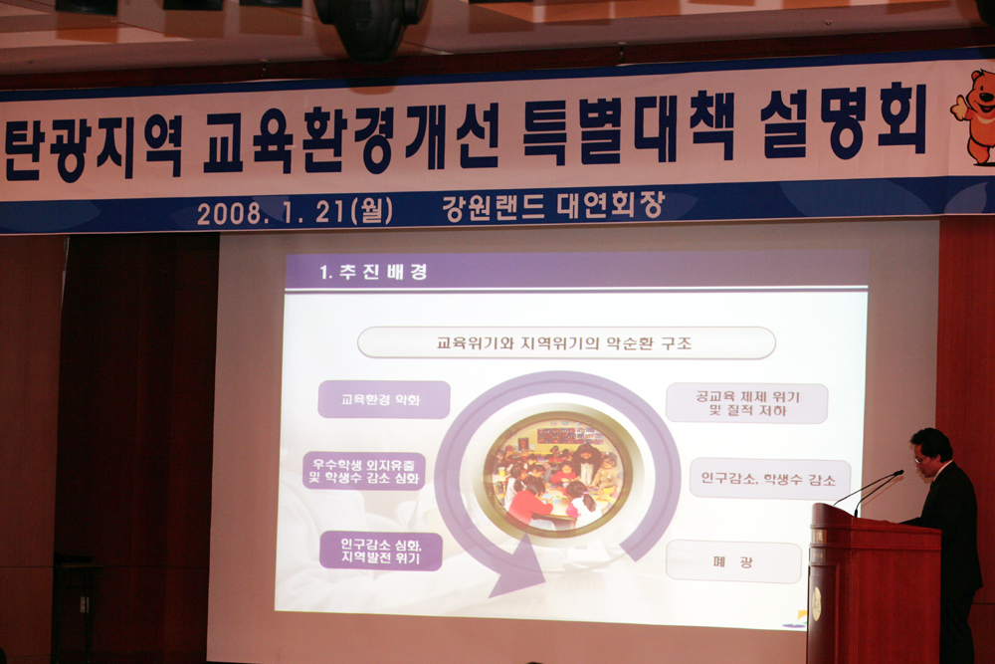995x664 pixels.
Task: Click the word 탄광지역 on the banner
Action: (94, 146)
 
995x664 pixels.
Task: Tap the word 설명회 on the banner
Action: (844, 123)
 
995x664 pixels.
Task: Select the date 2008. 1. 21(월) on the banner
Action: (296, 211)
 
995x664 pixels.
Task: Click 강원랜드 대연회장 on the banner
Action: (553, 206)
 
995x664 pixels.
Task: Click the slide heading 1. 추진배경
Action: (373, 273)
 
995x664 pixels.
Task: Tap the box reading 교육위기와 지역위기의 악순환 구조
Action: (566, 343)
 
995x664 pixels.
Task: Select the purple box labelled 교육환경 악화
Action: (384, 400)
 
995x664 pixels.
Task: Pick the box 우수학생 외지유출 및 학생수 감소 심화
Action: (363, 471)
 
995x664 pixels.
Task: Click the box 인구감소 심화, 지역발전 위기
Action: (381, 551)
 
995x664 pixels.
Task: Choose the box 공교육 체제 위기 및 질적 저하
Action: (747, 404)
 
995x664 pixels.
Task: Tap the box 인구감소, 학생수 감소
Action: (770, 479)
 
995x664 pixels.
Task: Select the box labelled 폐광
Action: (733, 561)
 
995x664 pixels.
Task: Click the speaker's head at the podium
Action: (931, 451)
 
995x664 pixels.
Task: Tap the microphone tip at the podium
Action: (898, 473)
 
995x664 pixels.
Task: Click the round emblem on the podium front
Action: (816, 603)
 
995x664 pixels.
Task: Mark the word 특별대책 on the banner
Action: (628, 129)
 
